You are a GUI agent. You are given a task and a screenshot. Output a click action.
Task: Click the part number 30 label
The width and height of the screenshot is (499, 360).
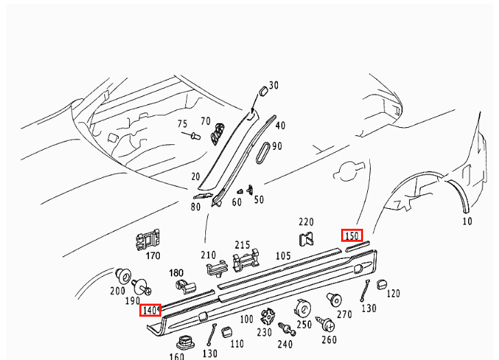pyautogui.click(x=274, y=85)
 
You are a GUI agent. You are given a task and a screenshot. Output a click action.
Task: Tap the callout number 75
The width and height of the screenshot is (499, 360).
pyautogui.click(x=182, y=124)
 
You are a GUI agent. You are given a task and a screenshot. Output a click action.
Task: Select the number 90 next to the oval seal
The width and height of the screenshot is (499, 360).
pyautogui.click(x=277, y=146)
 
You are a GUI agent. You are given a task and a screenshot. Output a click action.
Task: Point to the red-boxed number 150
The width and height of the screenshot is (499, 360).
pyautogui.click(x=352, y=235)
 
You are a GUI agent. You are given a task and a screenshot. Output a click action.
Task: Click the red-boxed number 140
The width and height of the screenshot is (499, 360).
pyautogui.click(x=150, y=311)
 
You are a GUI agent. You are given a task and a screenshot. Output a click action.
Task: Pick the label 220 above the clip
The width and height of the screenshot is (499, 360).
pyautogui.click(x=305, y=222)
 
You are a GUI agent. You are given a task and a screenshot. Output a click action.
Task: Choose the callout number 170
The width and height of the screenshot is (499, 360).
pyautogui.click(x=152, y=256)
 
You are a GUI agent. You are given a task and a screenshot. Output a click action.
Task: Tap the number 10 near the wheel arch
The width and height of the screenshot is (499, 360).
pyautogui.click(x=467, y=221)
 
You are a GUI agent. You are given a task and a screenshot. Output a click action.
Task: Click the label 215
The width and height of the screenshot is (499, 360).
pyautogui.click(x=242, y=245)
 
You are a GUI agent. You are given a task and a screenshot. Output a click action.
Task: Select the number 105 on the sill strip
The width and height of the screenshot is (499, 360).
pyautogui.click(x=283, y=256)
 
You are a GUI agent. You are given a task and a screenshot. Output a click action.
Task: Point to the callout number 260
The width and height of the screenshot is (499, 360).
pyautogui.click(x=329, y=339)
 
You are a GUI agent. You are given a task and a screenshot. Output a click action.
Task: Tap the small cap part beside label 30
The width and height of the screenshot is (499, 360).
pyautogui.click(x=262, y=93)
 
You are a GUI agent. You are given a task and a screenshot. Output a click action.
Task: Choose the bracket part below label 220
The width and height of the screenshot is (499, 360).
pyautogui.click(x=306, y=238)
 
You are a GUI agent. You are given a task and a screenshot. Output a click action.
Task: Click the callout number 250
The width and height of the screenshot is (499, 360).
pyautogui.click(x=304, y=324)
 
